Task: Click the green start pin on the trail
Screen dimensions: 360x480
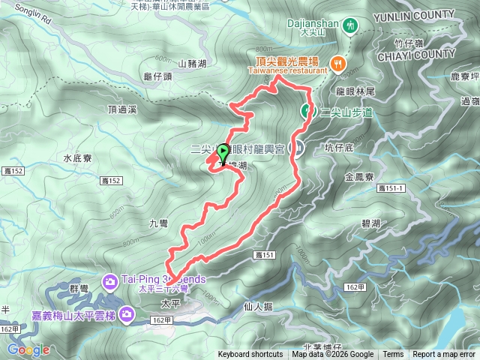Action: pos(223,152)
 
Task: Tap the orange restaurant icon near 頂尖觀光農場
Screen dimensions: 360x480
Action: pos(337,64)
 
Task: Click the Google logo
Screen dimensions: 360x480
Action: pos(28,349)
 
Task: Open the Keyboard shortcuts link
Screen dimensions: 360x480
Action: pos(251,355)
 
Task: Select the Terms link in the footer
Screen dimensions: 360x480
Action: pos(393,355)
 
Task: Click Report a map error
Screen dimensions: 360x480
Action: pos(444,355)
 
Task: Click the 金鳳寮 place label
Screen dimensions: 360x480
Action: pos(359,178)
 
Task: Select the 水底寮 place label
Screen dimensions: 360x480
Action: pos(77,158)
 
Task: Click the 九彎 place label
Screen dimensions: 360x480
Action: pos(160,223)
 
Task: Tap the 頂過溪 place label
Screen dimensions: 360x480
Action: pos(121,109)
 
